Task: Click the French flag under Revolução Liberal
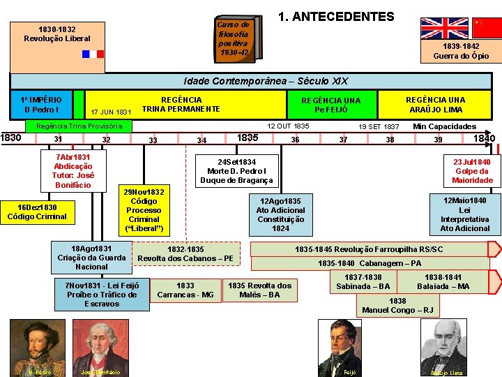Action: pos(91,54)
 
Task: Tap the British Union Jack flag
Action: pos(444,28)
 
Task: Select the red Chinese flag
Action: pos(487,28)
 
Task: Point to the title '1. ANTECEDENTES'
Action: pos(336,17)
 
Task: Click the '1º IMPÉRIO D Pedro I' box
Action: pos(41,104)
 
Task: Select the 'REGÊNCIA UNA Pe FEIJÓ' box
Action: pos(331,105)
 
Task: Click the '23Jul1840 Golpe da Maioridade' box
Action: pos(473,171)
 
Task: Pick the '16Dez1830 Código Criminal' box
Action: pos(38,212)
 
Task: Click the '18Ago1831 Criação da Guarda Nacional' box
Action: pos(91,258)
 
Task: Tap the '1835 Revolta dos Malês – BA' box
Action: pos(260,290)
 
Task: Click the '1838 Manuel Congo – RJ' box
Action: pos(397,306)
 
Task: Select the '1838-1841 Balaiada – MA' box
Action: pos(443,282)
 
